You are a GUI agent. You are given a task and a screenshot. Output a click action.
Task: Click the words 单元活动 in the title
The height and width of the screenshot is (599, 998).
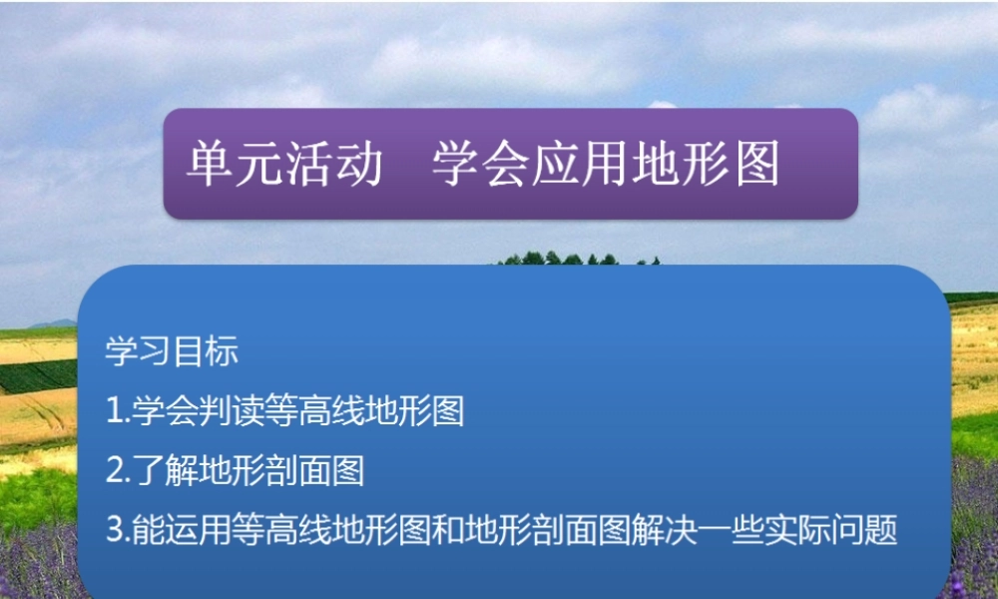(x=284, y=165)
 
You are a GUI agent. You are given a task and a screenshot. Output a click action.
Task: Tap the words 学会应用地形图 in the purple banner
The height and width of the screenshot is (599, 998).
(x=606, y=165)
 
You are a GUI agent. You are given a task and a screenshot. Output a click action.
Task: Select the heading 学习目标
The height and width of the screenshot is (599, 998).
(x=172, y=351)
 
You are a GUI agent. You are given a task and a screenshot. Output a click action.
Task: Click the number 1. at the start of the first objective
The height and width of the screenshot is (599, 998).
(x=117, y=411)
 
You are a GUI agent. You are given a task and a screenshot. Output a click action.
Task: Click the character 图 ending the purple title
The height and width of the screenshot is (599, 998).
(x=758, y=165)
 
